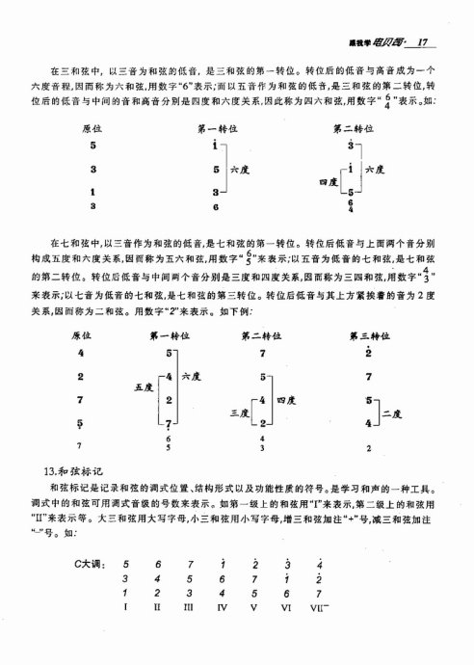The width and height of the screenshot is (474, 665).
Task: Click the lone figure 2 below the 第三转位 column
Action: point(369,447)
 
